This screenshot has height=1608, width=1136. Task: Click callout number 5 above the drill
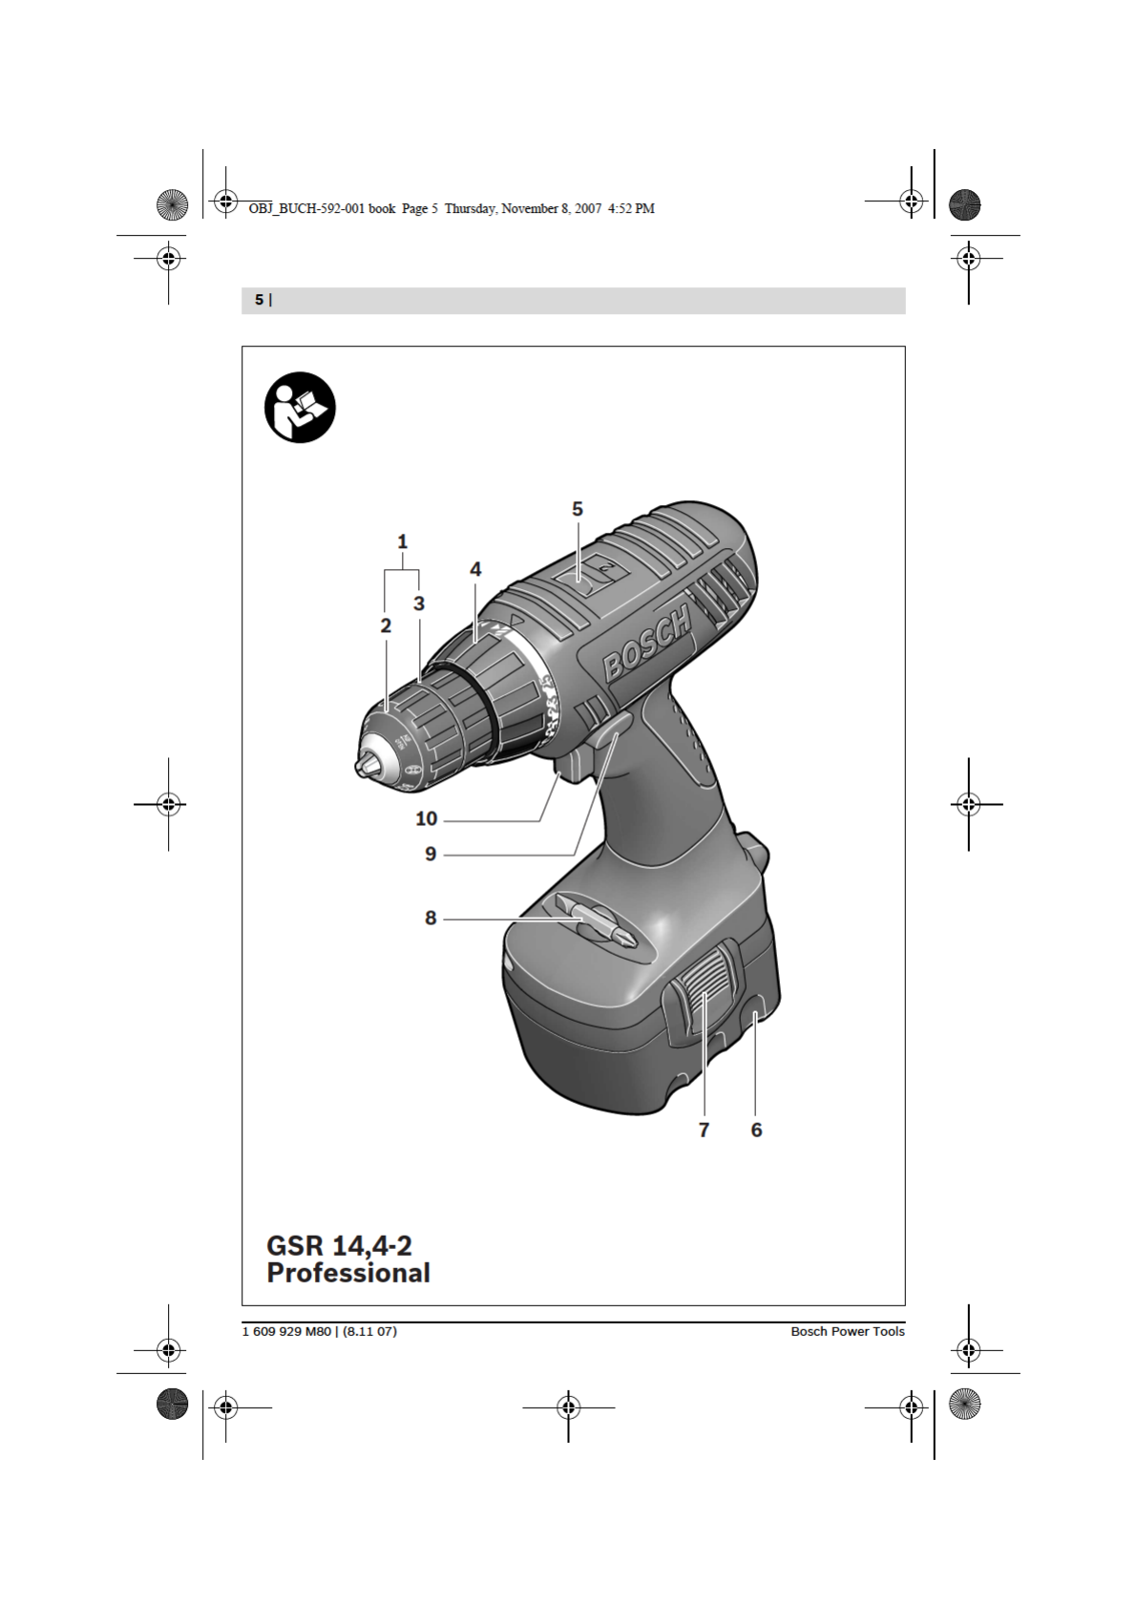[x=577, y=509]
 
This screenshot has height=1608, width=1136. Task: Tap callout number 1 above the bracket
[x=403, y=541]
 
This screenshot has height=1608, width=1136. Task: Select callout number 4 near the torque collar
[x=475, y=569]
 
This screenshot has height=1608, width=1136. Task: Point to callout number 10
[x=427, y=818]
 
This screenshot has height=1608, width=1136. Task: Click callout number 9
[x=431, y=854]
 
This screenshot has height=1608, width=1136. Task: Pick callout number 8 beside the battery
[x=431, y=919]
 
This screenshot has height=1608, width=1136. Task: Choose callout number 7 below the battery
[x=704, y=1130]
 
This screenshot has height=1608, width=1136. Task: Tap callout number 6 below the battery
[x=756, y=1130]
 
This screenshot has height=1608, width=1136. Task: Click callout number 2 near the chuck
[x=386, y=626]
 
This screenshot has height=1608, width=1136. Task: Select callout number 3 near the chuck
[x=419, y=603]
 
